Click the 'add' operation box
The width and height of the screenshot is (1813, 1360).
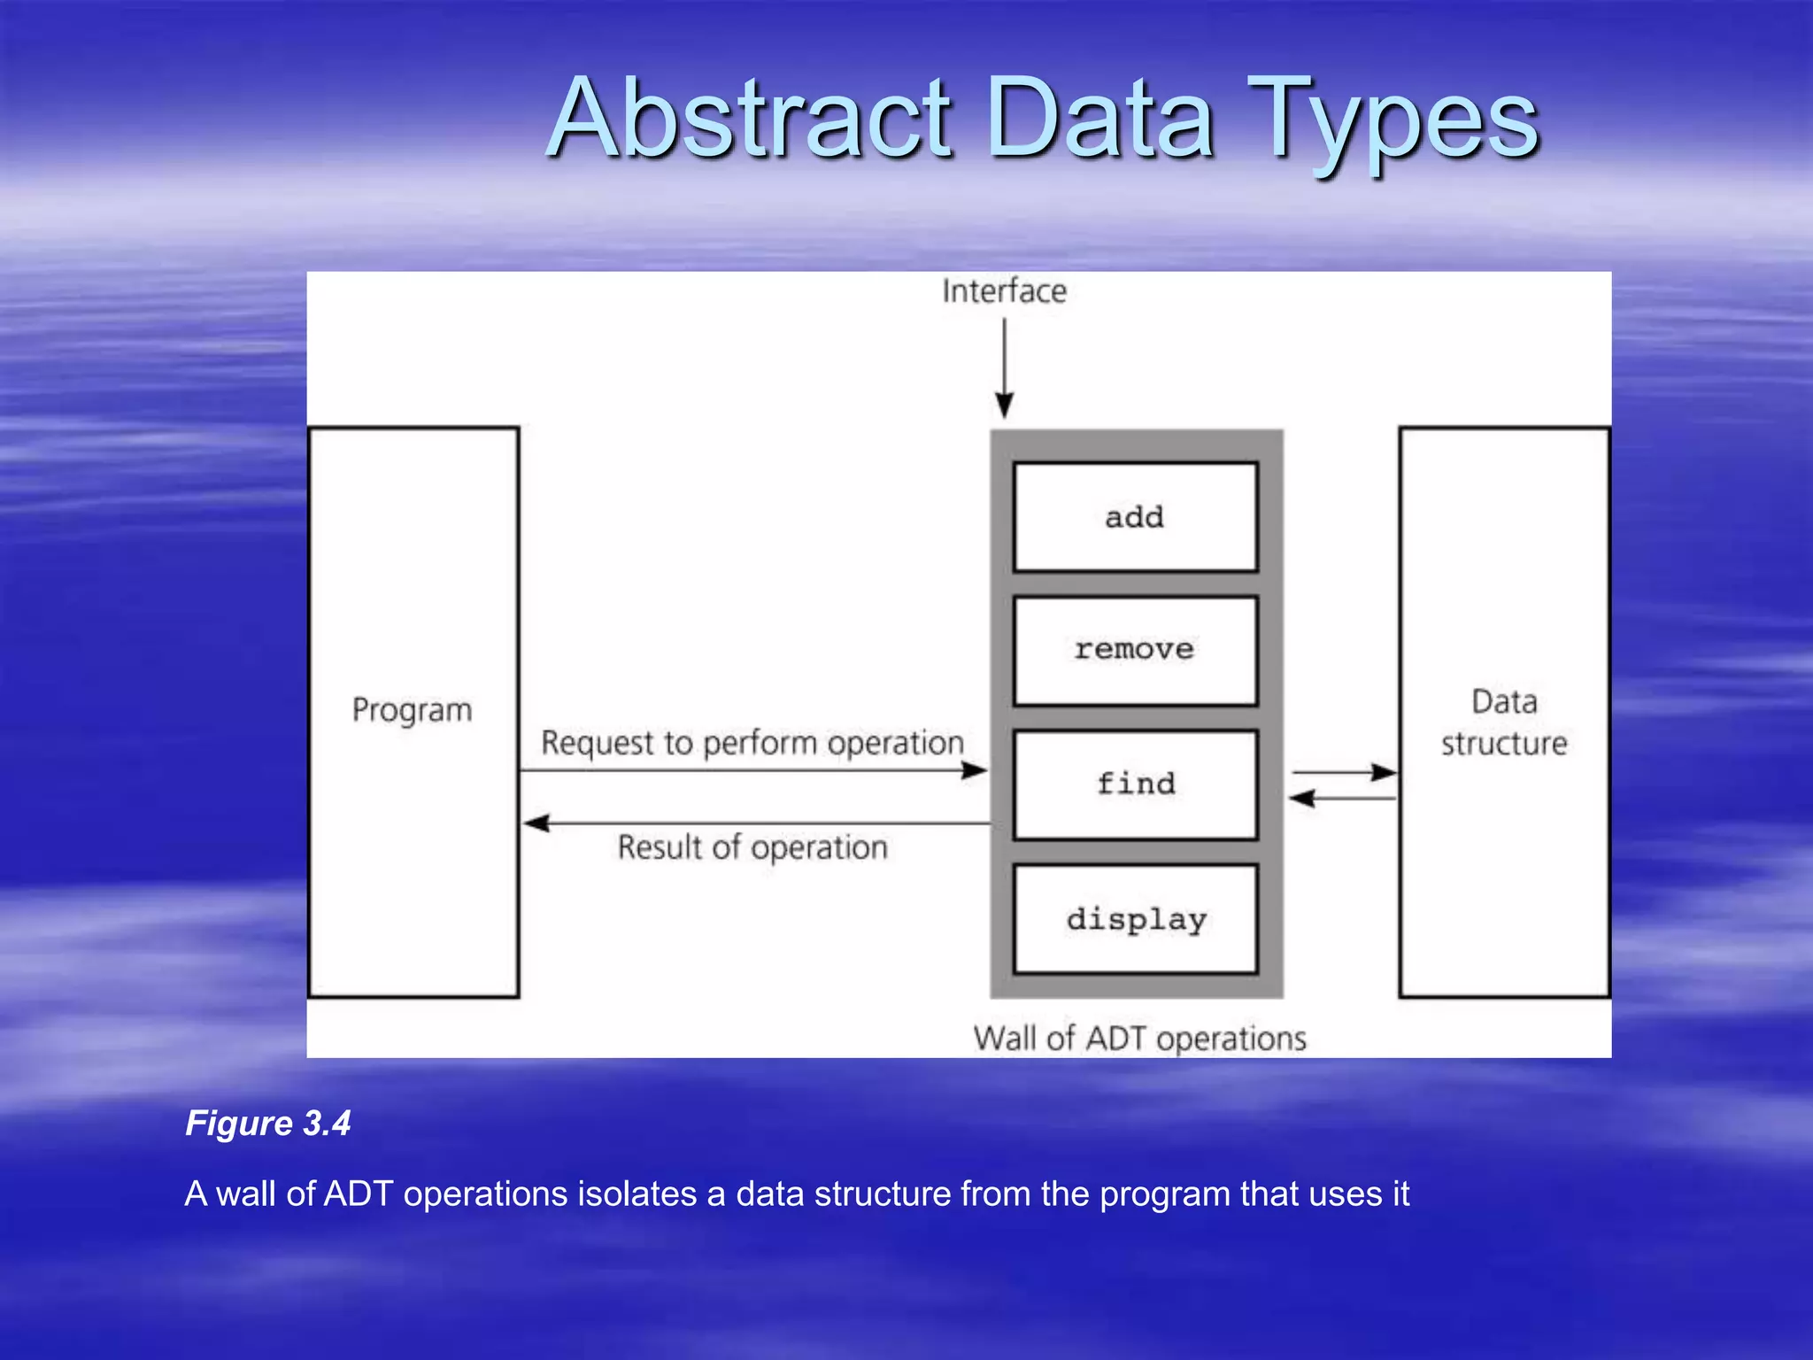[x=1135, y=517]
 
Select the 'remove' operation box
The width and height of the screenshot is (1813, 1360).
[x=1135, y=651]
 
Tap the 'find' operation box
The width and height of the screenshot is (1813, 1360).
[x=1135, y=784]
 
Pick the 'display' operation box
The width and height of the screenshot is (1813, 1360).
[x=1135, y=919]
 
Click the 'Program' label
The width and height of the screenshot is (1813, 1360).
[x=412, y=710]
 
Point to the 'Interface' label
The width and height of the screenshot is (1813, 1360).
[x=1004, y=291]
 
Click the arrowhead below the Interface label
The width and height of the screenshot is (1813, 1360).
[x=1004, y=406]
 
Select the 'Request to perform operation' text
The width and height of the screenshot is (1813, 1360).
[x=752, y=742]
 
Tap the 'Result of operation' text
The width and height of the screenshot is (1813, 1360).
[x=752, y=847]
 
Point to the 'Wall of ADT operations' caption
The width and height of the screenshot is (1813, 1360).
[x=1139, y=1038]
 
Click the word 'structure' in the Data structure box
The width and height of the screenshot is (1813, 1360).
[x=1503, y=744]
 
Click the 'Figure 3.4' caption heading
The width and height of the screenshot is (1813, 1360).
[x=267, y=1123]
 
